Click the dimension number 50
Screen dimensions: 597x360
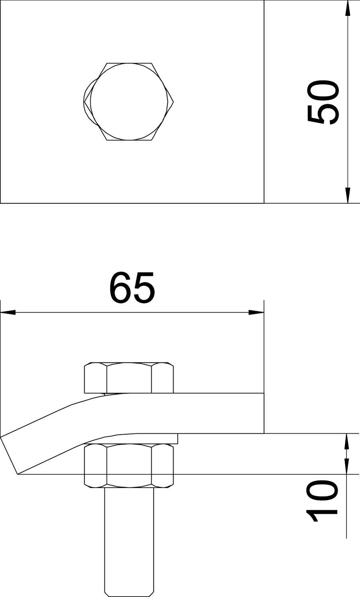point(323,102)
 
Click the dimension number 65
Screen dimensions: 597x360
point(132,287)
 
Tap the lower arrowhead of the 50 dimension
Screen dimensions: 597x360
point(348,195)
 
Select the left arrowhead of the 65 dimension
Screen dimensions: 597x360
point(8,312)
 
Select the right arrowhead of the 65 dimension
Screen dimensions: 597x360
point(256,312)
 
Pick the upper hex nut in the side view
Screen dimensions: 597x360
point(129,377)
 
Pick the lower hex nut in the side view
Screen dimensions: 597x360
point(129,466)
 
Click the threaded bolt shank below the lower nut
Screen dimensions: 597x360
point(129,537)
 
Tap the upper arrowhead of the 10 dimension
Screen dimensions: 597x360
point(347,441)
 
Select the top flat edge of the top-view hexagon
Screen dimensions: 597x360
point(129,63)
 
